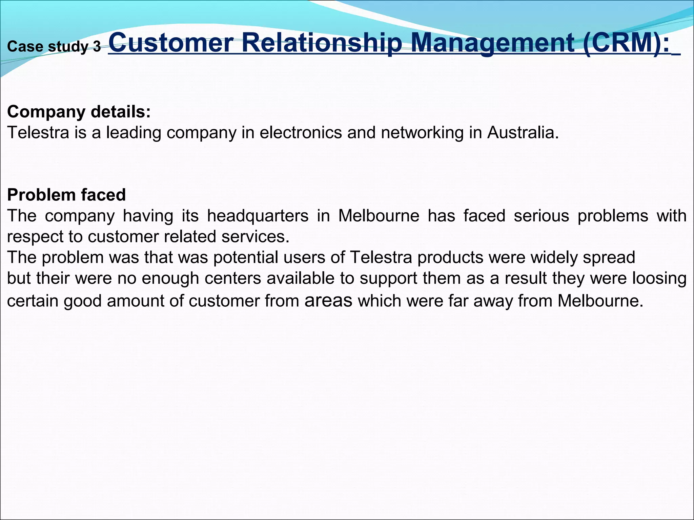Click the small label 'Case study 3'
click(54, 47)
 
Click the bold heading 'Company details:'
click(79, 112)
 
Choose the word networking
click(422, 132)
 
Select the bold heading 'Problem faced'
click(66, 195)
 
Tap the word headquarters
click(258, 216)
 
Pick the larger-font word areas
click(328, 300)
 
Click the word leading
click(134, 132)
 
